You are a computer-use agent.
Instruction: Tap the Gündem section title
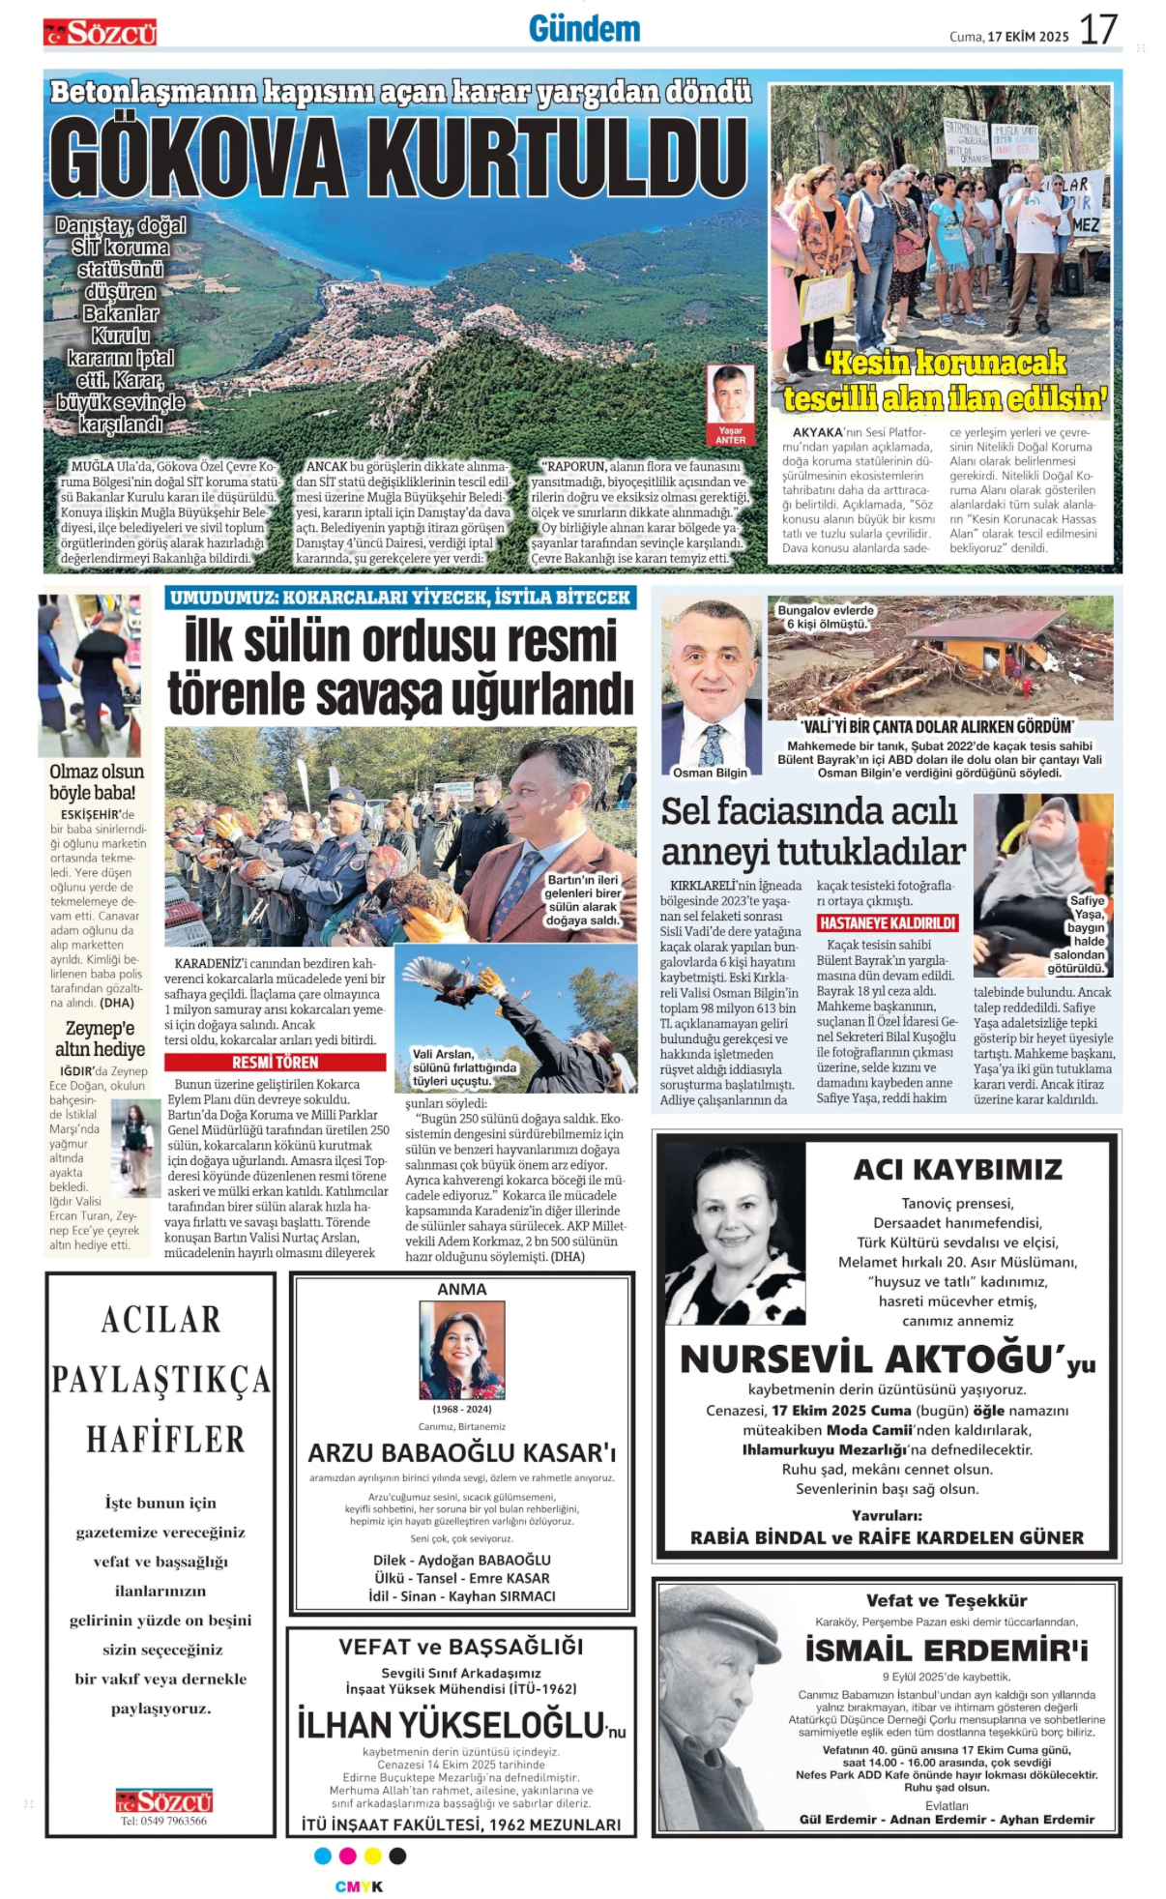point(584,29)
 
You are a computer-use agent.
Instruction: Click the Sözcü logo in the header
point(100,34)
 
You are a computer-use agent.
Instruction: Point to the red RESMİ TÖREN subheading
point(276,1062)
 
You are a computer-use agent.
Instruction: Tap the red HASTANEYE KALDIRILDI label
point(888,923)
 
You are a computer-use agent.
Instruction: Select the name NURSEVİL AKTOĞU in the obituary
point(865,1359)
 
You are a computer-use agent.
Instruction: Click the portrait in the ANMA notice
point(461,1349)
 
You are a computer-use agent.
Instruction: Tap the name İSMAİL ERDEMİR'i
point(947,1650)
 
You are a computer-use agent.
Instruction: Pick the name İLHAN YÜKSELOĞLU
point(451,1725)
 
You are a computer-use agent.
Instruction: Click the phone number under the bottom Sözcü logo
point(163,1821)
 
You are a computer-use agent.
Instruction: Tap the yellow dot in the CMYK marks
point(372,1855)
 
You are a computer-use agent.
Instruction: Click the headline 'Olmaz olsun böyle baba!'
point(97,782)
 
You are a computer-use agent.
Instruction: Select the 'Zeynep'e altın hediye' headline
point(100,1038)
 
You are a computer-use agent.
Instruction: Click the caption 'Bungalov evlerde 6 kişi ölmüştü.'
point(826,617)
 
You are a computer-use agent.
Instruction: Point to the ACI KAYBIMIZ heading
point(957,1170)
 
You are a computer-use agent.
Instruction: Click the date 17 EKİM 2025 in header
point(1028,37)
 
